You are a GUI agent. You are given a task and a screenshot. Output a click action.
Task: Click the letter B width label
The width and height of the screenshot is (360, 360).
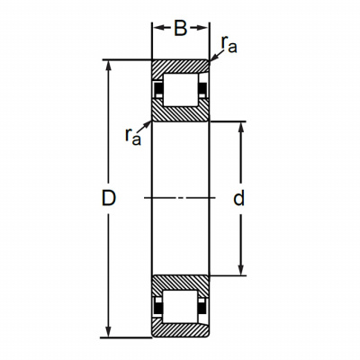(x=181, y=29)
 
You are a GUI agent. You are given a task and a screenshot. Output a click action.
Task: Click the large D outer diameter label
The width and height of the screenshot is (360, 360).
(x=109, y=198)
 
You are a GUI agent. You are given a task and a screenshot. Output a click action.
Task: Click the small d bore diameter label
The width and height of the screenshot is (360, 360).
(x=238, y=197)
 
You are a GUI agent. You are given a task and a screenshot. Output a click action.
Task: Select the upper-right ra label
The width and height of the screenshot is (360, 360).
(x=229, y=44)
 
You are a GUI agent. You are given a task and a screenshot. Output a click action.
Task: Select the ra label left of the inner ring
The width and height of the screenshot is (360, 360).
(x=133, y=136)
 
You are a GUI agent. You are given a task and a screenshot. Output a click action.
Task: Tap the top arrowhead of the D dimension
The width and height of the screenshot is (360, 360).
(x=109, y=65)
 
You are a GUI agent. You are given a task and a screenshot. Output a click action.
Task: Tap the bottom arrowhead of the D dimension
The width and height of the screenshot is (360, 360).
(x=109, y=332)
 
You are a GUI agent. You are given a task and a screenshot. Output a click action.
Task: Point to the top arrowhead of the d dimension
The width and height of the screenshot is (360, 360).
(x=241, y=127)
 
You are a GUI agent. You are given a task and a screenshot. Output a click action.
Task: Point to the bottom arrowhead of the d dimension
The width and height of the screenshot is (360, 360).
(x=241, y=270)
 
